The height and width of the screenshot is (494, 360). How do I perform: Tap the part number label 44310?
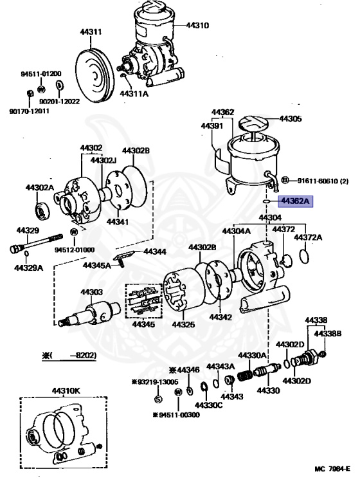pos(198,26)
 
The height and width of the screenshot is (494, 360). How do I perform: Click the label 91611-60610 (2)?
pos(323,180)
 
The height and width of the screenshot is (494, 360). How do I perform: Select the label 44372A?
pos(308,237)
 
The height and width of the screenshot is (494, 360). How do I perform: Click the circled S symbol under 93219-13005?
pos(157,399)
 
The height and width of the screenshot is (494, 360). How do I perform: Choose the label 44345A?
pos(96,264)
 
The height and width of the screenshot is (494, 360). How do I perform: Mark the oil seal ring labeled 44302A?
pos(42,210)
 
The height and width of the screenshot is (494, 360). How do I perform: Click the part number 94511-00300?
pos(176,415)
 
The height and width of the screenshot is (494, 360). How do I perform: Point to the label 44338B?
pos(328,333)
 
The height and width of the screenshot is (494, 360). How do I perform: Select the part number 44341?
pos(118,222)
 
